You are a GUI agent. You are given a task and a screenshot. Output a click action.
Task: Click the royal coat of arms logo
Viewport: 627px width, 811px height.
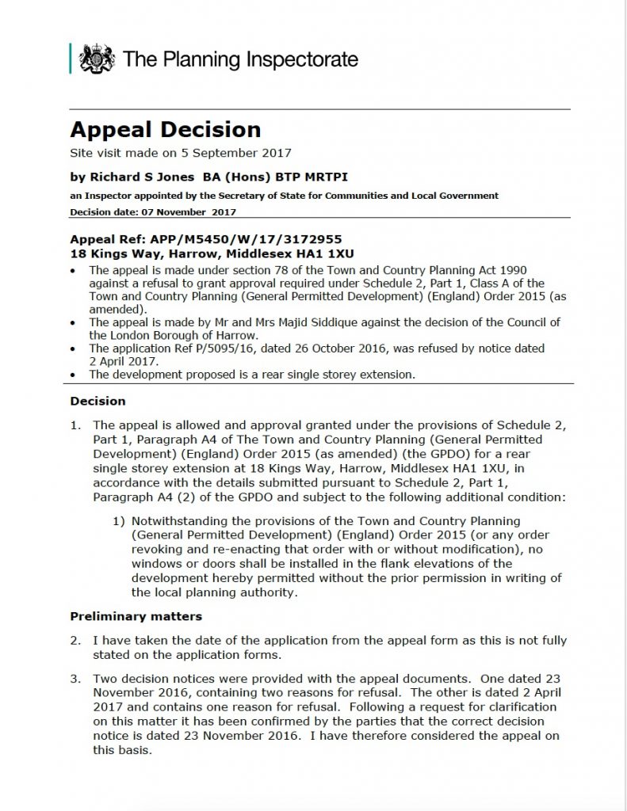click(x=96, y=59)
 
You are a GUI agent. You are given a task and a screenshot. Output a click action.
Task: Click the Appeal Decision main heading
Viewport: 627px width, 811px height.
click(x=165, y=130)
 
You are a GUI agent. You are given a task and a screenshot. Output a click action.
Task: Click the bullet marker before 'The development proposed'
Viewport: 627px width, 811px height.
click(x=73, y=374)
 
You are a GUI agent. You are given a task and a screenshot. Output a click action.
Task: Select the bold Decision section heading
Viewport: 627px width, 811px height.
click(x=97, y=402)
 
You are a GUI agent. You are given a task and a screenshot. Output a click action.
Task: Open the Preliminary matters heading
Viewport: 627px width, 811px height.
click(x=136, y=616)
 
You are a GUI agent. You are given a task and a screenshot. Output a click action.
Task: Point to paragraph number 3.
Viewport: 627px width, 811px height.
click(x=75, y=679)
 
